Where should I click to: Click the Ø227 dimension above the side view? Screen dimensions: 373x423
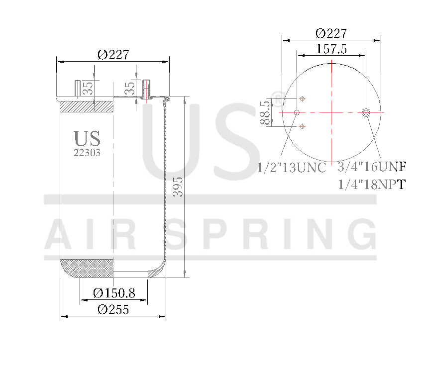113,55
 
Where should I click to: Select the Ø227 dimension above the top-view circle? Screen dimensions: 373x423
331,33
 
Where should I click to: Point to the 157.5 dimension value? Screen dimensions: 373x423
331,49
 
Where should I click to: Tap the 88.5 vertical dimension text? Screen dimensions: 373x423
265,112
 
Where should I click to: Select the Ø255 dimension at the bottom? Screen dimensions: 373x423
113,309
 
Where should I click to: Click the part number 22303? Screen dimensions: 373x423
87,153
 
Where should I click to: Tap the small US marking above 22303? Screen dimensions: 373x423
87,139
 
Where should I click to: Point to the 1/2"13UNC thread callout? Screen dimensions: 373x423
292,168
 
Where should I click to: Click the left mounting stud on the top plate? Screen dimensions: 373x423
78,88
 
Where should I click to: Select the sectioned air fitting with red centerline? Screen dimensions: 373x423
146,89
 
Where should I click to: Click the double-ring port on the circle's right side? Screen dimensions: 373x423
366,113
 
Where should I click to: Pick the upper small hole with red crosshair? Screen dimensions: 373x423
302,98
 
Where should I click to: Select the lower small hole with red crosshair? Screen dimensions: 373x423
302,127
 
